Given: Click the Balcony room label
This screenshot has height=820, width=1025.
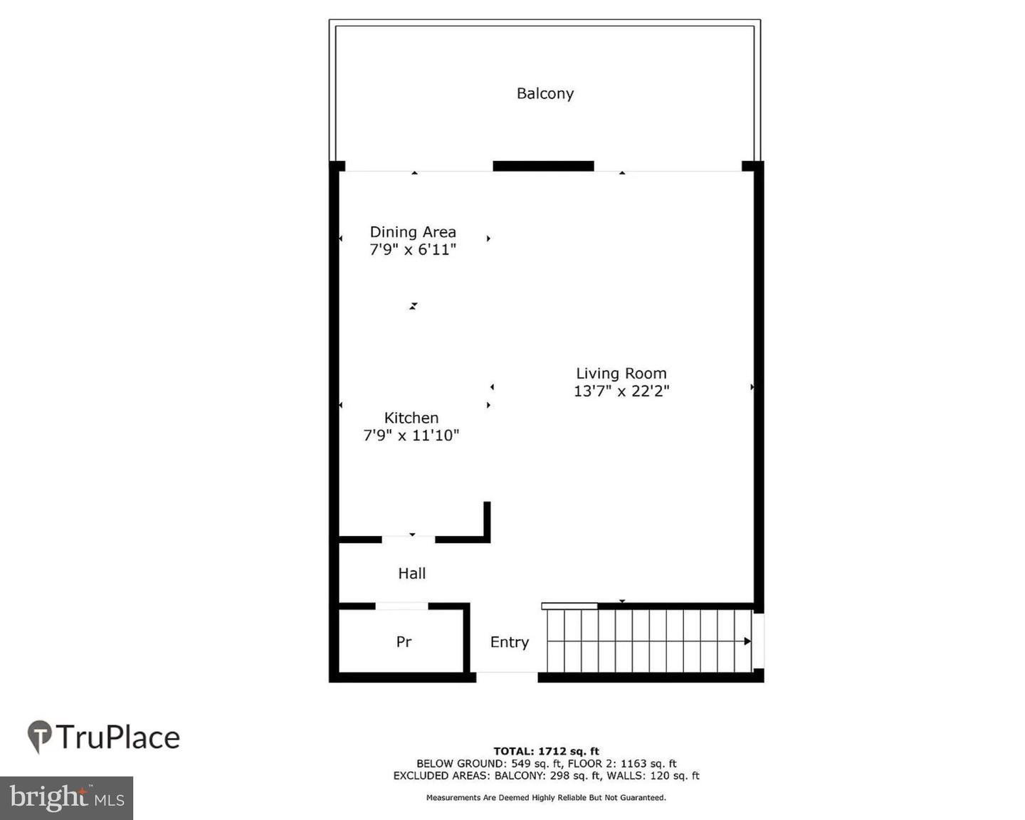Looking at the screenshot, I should click(545, 93).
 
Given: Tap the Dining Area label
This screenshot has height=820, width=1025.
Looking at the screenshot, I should click(413, 232).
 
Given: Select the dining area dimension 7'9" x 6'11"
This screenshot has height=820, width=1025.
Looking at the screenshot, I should click(413, 250).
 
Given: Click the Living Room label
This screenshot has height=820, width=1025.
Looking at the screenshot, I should click(621, 373).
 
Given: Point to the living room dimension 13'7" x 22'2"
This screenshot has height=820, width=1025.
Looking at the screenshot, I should click(621, 391).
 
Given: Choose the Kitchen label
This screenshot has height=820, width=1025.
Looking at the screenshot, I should click(411, 418).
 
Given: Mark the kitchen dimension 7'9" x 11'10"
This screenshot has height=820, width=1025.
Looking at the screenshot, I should click(411, 436).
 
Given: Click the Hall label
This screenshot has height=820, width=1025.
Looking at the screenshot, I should click(411, 573).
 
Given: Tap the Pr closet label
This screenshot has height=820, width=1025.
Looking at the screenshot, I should click(404, 641).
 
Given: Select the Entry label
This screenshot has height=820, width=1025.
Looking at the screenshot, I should click(510, 642).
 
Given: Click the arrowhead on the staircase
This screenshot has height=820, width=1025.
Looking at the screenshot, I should click(747, 641).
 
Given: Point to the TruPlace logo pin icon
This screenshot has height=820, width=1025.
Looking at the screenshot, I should click(40, 736).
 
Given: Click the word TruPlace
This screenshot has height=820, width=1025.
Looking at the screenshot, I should click(118, 737).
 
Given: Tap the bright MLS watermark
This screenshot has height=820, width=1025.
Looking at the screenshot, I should click(66, 798).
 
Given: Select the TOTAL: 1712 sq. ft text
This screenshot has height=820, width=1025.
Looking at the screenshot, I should click(546, 751).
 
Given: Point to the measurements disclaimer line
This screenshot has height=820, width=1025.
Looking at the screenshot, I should click(546, 798).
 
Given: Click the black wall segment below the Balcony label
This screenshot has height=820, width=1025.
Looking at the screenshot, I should click(543, 166).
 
